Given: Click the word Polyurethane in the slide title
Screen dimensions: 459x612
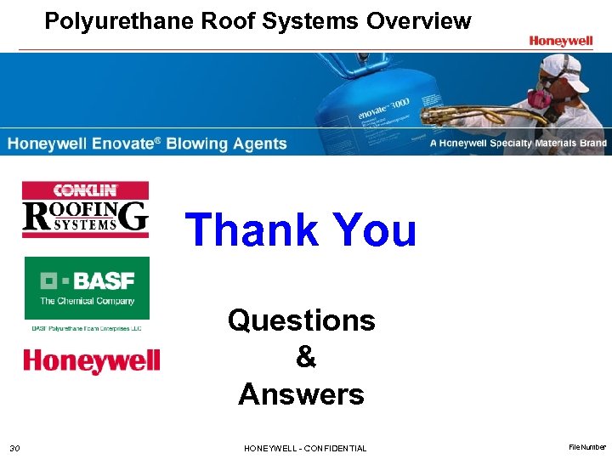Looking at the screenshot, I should point(120,21).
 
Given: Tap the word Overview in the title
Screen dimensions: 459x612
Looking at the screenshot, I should point(418,21).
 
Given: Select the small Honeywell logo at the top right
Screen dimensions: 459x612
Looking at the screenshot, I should point(560,40).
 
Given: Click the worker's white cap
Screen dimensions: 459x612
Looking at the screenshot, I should point(564,67).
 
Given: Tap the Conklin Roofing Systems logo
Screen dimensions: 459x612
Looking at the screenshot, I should point(85,209).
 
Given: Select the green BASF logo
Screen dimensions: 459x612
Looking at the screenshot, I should point(87,288).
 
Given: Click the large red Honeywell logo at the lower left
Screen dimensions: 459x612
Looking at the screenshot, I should point(91,360).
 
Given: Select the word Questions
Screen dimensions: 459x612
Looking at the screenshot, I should point(301,320).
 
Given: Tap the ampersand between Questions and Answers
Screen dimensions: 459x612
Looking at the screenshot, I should point(305,357).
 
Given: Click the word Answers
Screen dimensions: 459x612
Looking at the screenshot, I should point(301,394).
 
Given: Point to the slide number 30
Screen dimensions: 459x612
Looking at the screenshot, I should point(14,448).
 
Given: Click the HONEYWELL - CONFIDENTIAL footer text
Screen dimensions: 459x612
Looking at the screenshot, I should point(305,448).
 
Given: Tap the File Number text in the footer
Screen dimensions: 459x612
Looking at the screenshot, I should point(586,447).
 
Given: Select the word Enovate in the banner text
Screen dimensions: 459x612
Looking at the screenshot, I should point(126,144).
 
